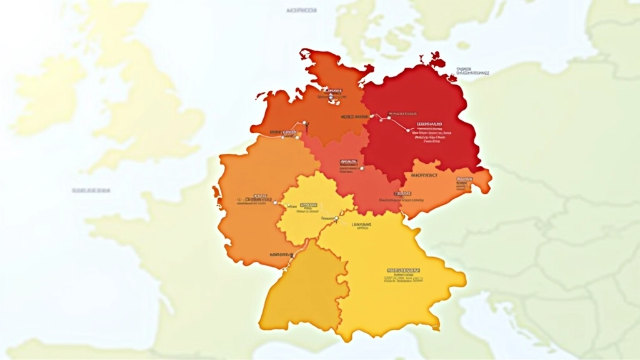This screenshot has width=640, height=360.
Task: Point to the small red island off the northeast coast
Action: click(437, 60)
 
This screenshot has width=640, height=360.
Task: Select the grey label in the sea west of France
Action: click(91, 190)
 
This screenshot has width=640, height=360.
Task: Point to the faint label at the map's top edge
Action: click(301, 11)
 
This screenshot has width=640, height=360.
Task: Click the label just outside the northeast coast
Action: click(472, 71)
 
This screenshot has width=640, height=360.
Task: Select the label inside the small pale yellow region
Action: click(309, 207)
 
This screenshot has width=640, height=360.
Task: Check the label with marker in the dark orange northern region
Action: click(331, 94)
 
